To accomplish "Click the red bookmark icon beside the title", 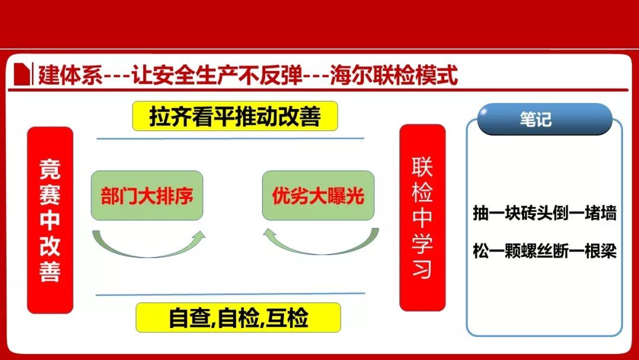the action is (x=22, y=74).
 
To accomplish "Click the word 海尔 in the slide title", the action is (x=351, y=75).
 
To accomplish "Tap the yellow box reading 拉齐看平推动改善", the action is (x=235, y=116).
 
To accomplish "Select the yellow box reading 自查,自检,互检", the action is (x=238, y=317).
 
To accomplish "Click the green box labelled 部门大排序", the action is (x=147, y=196).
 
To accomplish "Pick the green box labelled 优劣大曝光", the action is (x=318, y=196).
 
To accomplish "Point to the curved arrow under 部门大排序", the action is (x=148, y=249).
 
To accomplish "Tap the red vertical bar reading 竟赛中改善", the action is (x=50, y=220).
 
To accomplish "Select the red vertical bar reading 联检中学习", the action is (x=422, y=218).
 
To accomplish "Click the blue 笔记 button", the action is (x=545, y=119).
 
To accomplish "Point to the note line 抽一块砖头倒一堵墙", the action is (x=544, y=213).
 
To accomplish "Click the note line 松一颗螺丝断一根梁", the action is (x=544, y=250).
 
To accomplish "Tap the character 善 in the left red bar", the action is (x=50, y=271).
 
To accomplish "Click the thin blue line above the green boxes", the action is (x=230, y=139).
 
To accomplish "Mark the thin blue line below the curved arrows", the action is (x=230, y=294).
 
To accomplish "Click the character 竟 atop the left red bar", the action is (x=50, y=169).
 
